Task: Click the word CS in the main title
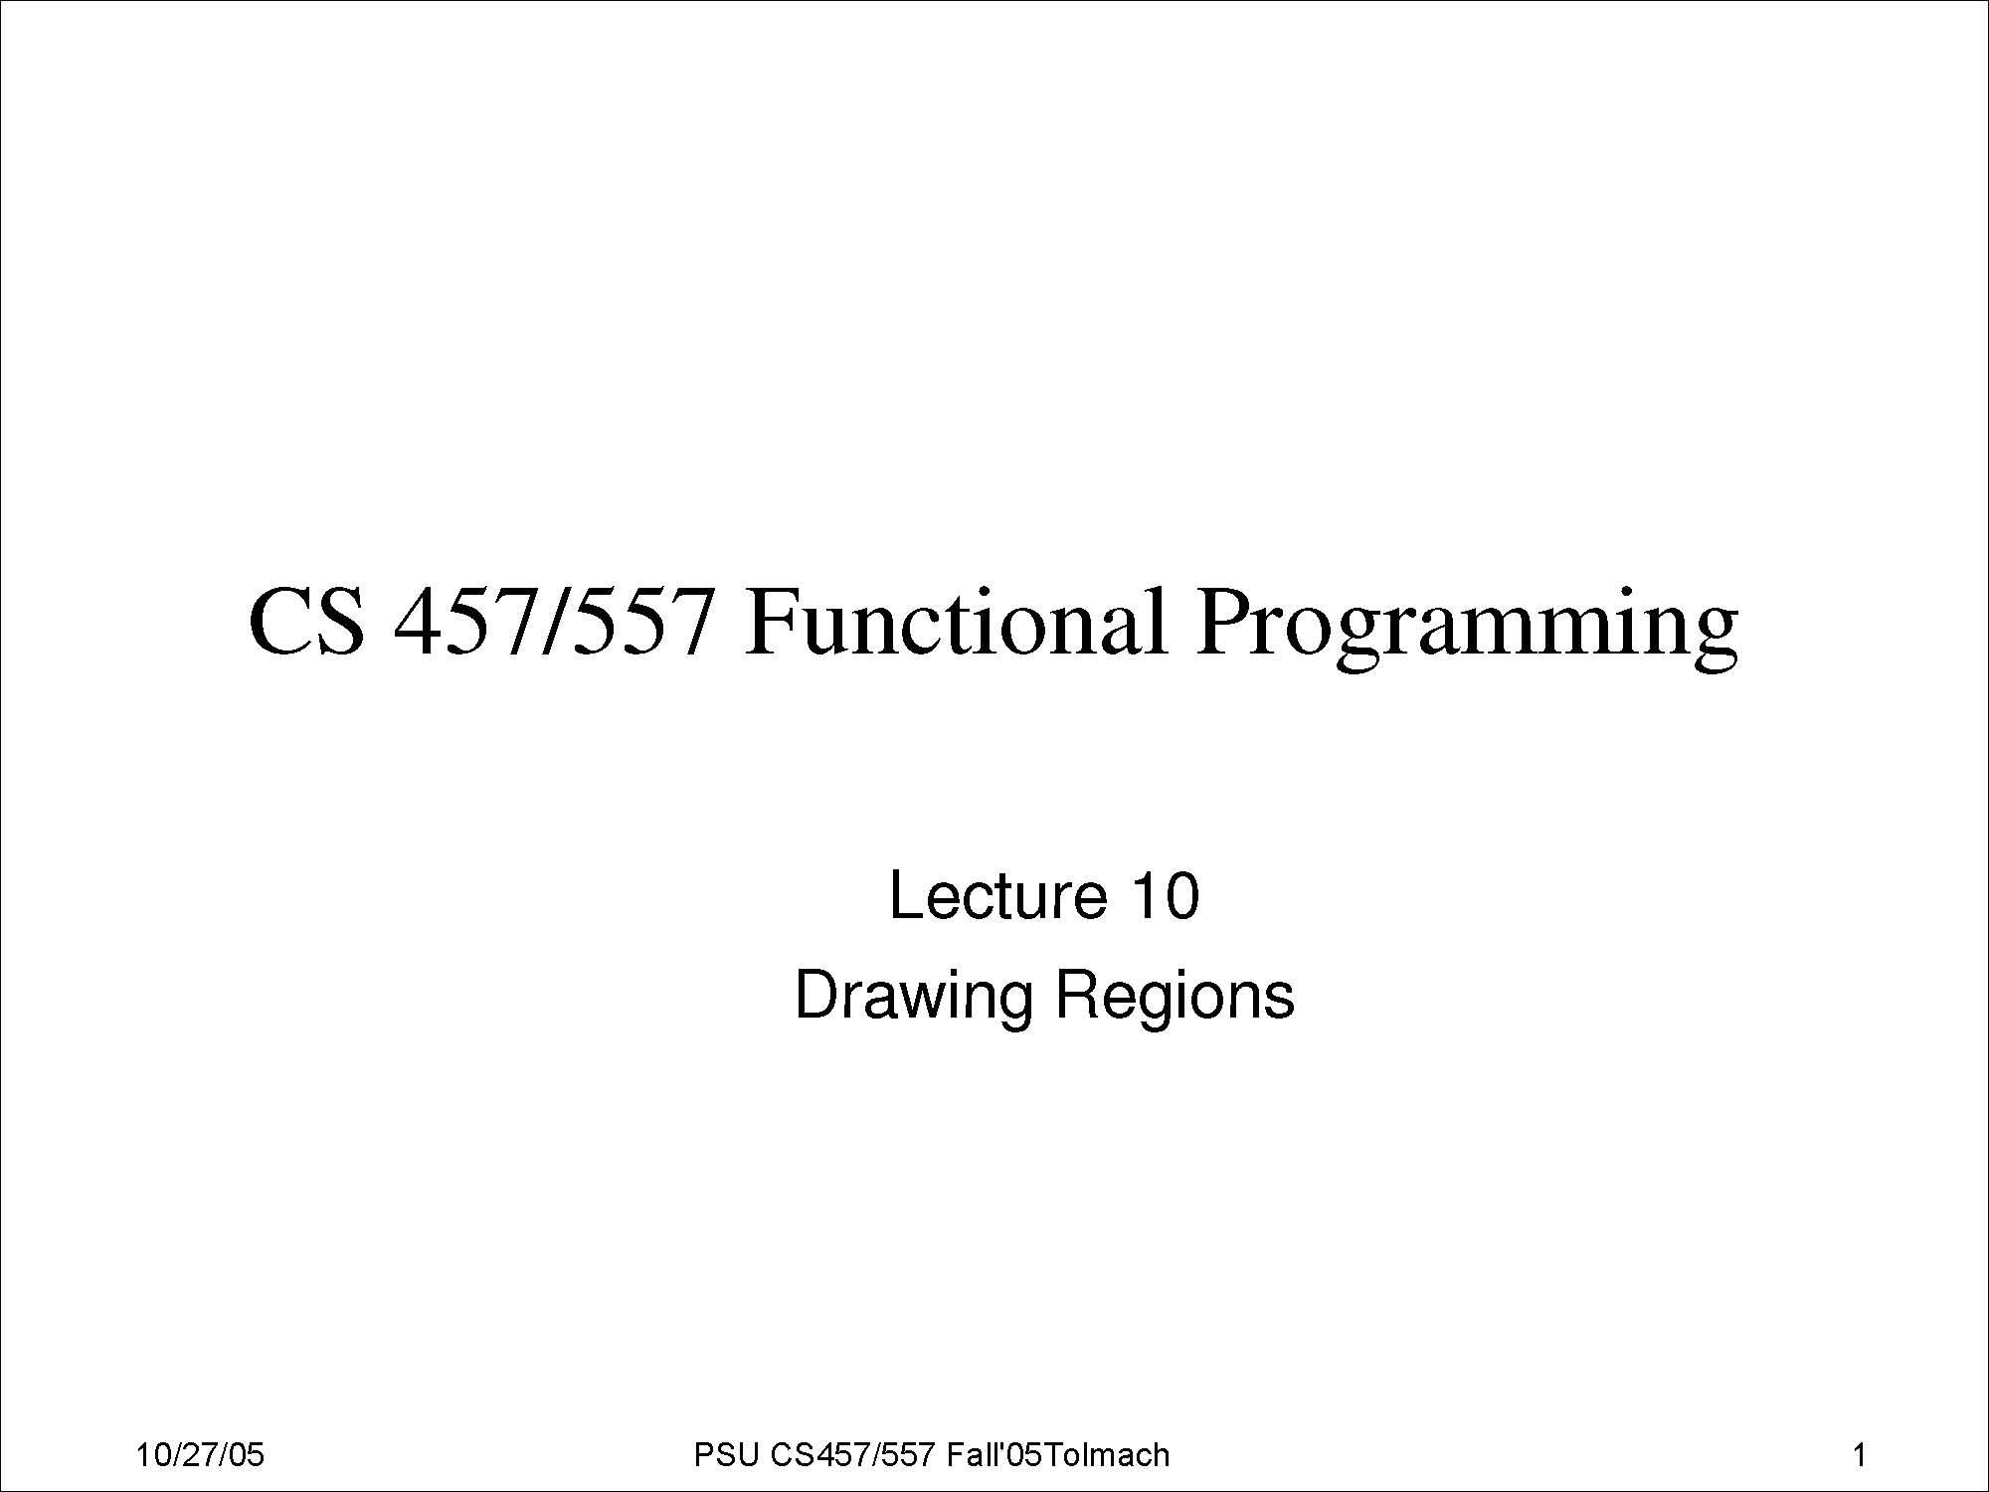tap(306, 622)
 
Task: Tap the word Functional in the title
tap(955, 622)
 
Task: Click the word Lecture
tap(997, 895)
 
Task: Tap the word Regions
tap(1175, 997)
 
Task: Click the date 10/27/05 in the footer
tap(200, 1455)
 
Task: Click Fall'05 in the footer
tap(994, 1455)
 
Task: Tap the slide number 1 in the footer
tap(1859, 1455)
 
